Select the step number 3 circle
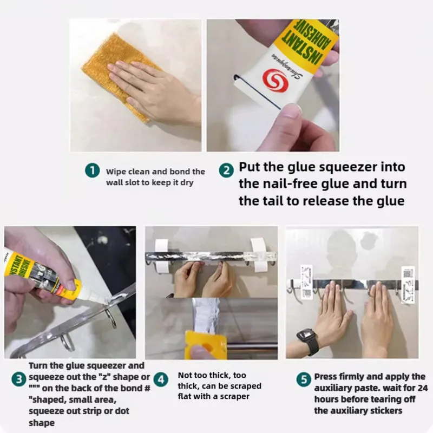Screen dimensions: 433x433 click(x=19, y=378)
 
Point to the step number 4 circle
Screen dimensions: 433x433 click(x=160, y=378)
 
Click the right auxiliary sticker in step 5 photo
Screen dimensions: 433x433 click(x=407, y=277)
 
